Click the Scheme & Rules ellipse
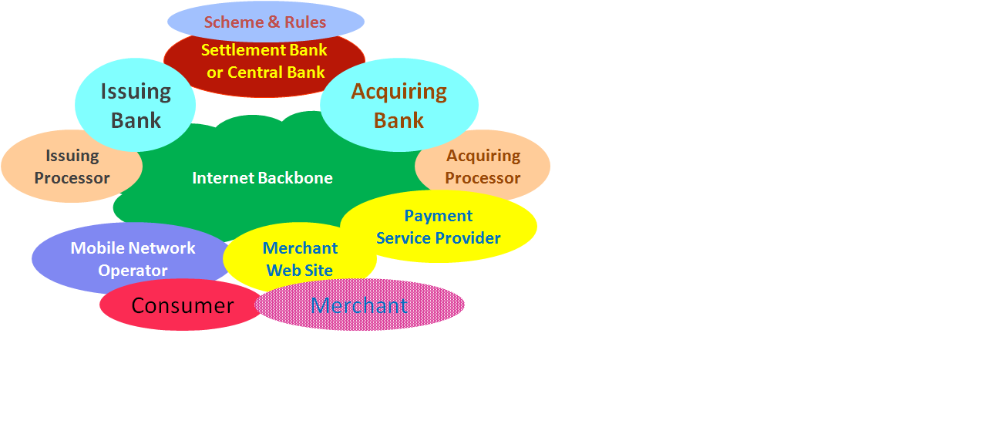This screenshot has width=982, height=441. tap(266, 22)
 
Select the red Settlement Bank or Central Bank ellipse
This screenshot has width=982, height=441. tap(265, 66)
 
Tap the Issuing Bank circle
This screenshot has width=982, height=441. tap(136, 105)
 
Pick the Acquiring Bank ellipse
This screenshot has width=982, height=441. tap(399, 105)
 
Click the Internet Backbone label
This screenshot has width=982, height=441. tap(263, 178)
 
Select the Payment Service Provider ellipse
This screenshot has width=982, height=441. tap(439, 227)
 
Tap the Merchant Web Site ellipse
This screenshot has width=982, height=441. tap(300, 258)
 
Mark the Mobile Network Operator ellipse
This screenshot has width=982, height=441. tap(132, 258)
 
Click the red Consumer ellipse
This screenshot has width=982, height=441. tap(182, 305)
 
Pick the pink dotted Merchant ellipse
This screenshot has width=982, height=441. tap(359, 305)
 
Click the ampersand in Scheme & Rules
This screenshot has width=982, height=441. tap(274, 22)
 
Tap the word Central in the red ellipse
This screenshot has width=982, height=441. tap(252, 72)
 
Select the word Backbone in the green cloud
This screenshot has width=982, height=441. tap(295, 178)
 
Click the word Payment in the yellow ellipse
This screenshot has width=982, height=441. tap(439, 216)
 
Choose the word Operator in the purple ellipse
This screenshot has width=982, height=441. tap(133, 271)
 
